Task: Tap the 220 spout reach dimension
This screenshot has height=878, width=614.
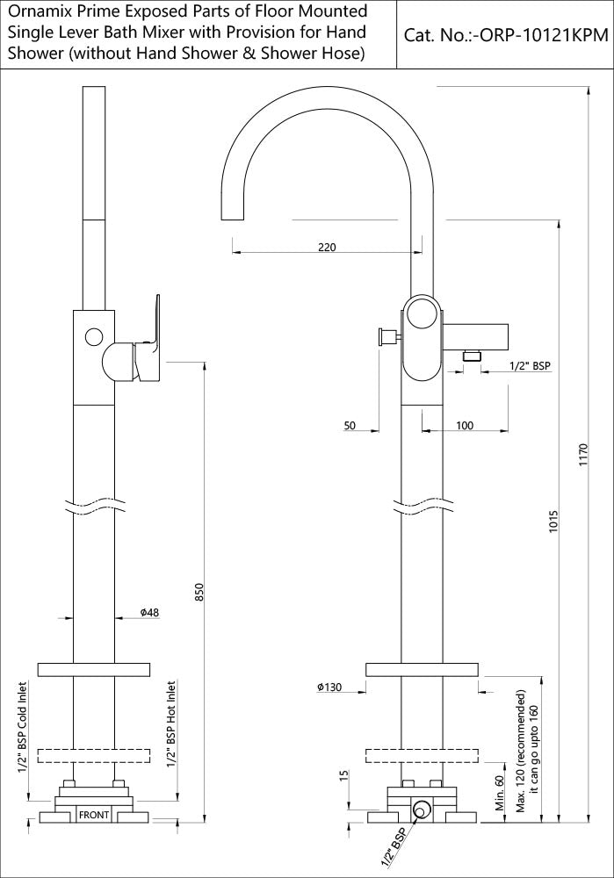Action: coord(326,248)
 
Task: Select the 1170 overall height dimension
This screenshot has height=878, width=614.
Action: coord(583,456)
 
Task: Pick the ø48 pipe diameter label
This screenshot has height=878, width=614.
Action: coord(148,612)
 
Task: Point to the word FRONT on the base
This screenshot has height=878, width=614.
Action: coord(94,816)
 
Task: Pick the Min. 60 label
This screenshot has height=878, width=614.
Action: coord(499,790)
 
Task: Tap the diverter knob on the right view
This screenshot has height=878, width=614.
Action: coord(384,336)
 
